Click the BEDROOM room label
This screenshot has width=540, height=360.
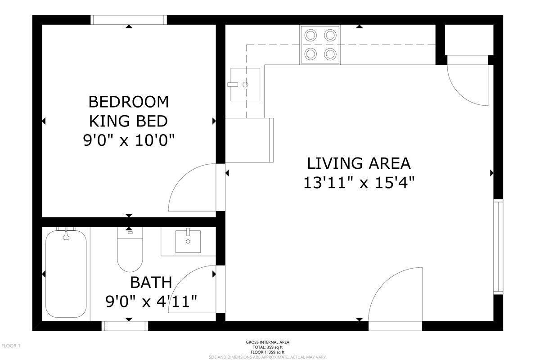pos(129,102)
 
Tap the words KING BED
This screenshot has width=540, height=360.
pos(129,121)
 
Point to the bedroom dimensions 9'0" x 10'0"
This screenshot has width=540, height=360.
pos(129,140)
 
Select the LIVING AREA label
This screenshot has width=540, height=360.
pos(359,163)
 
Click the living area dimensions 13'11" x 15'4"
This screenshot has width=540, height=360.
pos(359,183)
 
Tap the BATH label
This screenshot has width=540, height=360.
pos(151,282)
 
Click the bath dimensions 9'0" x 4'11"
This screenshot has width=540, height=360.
pos(151,301)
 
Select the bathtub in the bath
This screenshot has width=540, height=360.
pos(66,274)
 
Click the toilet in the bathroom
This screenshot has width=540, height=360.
pos(130,250)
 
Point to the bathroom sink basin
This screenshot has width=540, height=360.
pos(188,241)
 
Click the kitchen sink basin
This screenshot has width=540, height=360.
pos(245,85)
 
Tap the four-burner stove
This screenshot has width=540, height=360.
pos(320,45)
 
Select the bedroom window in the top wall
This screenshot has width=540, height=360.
pos(129,20)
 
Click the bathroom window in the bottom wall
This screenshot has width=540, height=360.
pos(125,326)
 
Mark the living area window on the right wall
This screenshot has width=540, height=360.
pos(498,247)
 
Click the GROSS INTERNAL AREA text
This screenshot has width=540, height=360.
pos(268,342)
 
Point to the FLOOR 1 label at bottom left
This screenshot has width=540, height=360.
pos(11,346)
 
